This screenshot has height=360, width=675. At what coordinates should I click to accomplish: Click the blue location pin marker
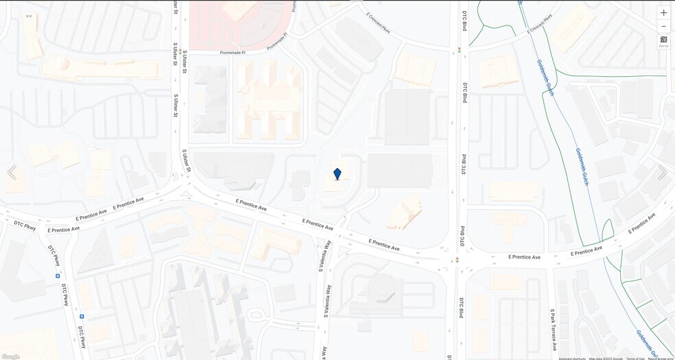(x=337, y=174)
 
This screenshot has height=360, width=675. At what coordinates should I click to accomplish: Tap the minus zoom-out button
(x=663, y=26)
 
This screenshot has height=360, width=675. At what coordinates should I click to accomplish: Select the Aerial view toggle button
(x=663, y=42)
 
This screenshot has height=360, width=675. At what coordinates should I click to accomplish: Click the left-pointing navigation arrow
(x=12, y=172)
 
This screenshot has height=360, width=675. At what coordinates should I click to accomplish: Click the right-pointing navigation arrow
(x=662, y=172)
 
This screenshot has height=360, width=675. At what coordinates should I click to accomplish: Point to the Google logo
(x=10, y=357)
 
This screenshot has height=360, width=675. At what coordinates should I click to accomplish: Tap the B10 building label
(x=29, y=15)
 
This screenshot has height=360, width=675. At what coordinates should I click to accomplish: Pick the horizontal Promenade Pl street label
(x=231, y=52)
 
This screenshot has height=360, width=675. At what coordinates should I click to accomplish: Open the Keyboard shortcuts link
(x=572, y=358)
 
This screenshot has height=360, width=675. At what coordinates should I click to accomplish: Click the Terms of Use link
(x=635, y=358)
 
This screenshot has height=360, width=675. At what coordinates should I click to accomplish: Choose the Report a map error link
(x=661, y=358)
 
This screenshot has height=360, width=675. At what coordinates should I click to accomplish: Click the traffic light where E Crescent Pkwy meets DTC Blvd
(x=459, y=49)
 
